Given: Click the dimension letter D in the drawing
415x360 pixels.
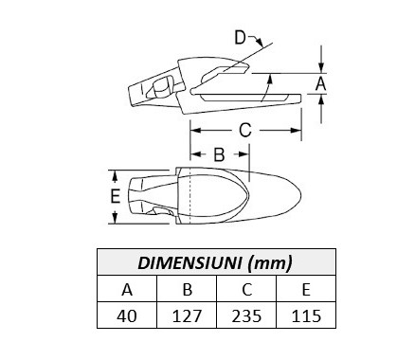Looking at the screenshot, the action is [x=241, y=38].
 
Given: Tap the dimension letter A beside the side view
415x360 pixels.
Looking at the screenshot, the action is [x=321, y=84].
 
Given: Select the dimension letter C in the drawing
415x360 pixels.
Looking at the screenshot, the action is [x=245, y=130].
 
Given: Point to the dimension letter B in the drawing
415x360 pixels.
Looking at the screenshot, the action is [x=219, y=154].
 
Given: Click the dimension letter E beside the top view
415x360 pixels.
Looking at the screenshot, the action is [x=116, y=196].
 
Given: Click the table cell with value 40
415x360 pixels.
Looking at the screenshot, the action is [x=127, y=315].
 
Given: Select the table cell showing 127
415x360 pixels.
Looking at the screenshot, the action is [x=187, y=315].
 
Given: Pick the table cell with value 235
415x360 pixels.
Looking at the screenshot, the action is [x=246, y=315].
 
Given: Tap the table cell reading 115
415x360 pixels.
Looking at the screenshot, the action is [x=306, y=315].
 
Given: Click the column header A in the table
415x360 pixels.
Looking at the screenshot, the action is [x=127, y=289].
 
